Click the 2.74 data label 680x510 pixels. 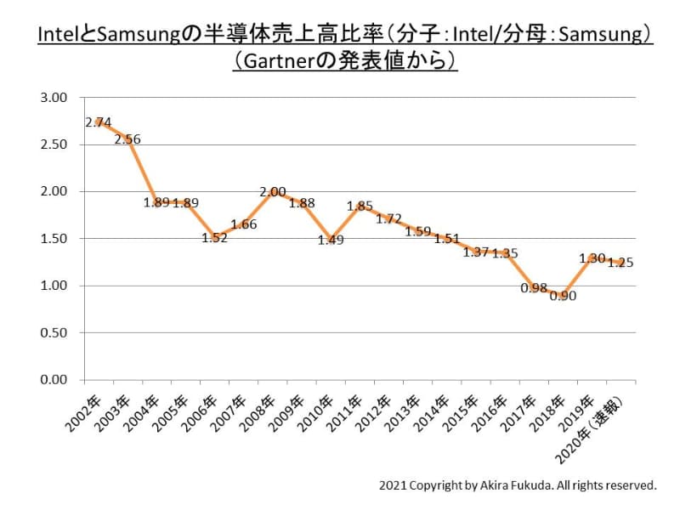tap(99, 122)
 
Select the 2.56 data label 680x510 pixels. tap(127, 139)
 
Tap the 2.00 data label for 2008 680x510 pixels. tap(272, 192)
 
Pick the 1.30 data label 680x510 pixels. tap(592, 258)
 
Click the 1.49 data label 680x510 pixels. tap(331, 241)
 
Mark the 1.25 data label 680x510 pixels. tap(620, 263)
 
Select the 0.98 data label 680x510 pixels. tap(534, 288)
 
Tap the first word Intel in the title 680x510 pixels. tap(56, 35)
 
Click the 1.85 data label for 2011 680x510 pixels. tap(360, 206)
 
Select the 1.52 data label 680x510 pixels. tap(215, 238)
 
